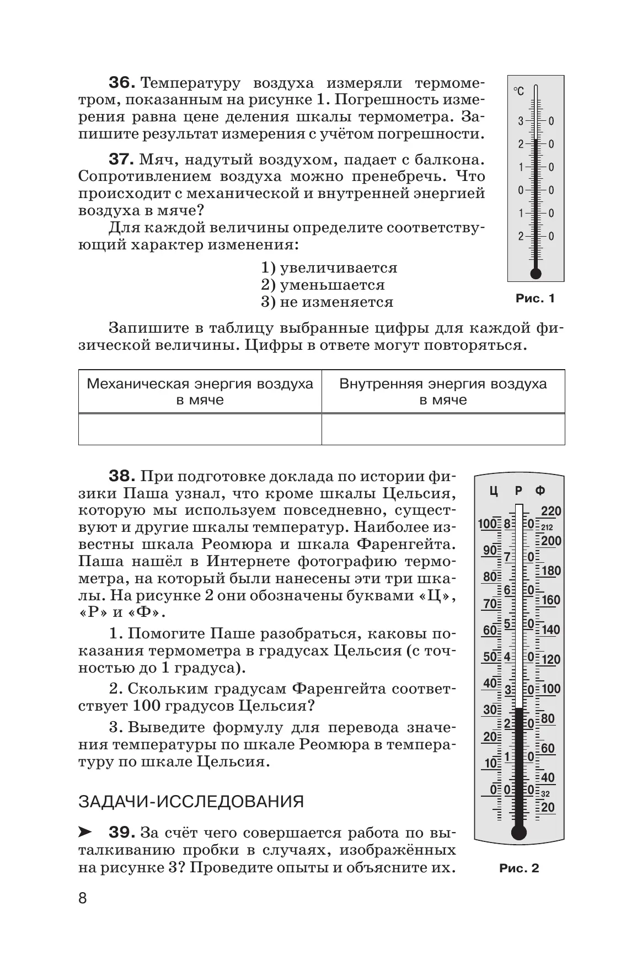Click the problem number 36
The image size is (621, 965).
(x=121, y=83)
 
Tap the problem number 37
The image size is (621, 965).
(x=121, y=160)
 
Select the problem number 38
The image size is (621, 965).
(x=121, y=476)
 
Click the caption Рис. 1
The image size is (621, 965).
(x=535, y=298)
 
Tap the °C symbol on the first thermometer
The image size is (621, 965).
(x=519, y=91)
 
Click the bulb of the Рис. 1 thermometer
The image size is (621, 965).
(x=536, y=273)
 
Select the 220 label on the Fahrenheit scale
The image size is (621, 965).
(x=550, y=511)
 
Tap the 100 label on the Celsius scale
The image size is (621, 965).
(x=488, y=524)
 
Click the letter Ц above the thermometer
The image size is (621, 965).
(x=494, y=491)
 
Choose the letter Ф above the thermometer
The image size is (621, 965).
(x=540, y=491)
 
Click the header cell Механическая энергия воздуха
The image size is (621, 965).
(x=200, y=391)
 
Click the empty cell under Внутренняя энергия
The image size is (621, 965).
(x=443, y=429)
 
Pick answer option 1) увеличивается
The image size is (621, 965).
(x=329, y=268)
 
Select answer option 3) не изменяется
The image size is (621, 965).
(x=327, y=302)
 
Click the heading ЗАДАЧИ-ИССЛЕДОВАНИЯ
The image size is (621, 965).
(x=191, y=801)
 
